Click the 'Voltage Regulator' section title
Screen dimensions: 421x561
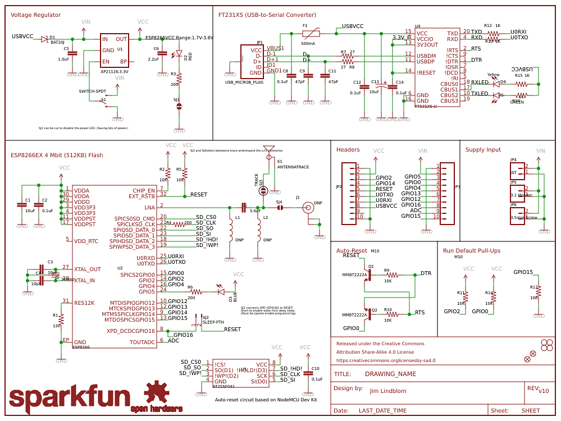(36, 15)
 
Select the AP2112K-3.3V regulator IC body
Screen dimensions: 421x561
(115, 50)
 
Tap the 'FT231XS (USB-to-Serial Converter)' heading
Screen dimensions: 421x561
(267, 15)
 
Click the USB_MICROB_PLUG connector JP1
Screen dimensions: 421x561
(251, 61)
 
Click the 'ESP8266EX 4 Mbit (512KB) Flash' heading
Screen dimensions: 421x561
(57, 155)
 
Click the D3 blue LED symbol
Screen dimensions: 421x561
(221, 291)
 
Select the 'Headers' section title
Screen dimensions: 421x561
(348, 149)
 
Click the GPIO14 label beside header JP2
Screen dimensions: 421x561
(385, 183)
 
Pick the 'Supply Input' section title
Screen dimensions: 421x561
(483, 149)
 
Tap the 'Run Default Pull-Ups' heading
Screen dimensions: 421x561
(472, 250)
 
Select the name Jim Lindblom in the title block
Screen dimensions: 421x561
(387, 391)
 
